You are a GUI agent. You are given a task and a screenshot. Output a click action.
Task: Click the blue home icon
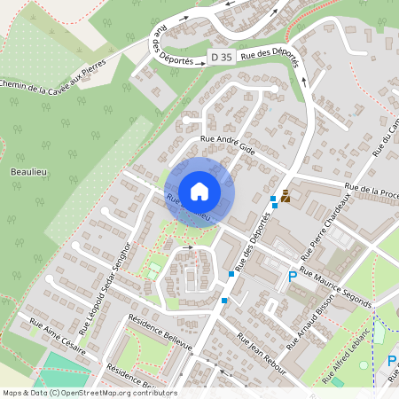199,192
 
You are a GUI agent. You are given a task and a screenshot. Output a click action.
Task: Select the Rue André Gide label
228,145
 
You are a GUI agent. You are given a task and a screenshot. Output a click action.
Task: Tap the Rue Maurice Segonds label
335,287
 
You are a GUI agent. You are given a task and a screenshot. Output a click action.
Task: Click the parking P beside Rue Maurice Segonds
293,278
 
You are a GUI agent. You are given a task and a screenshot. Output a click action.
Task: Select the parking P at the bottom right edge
392,361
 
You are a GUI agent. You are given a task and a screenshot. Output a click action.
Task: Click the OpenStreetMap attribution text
90,392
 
